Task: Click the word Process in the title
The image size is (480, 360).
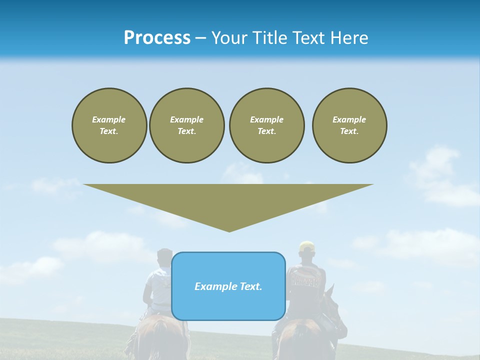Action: pos(157,38)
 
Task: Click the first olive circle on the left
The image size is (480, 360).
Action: pos(109,125)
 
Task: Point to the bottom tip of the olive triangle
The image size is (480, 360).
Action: pos(229,230)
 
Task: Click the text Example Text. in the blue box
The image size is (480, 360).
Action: pos(228,286)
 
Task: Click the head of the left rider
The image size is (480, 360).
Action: pos(164,257)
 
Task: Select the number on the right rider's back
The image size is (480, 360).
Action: pos(305,281)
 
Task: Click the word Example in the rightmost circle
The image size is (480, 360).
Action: pos(349,119)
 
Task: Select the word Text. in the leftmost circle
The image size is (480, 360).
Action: pos(109,131)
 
